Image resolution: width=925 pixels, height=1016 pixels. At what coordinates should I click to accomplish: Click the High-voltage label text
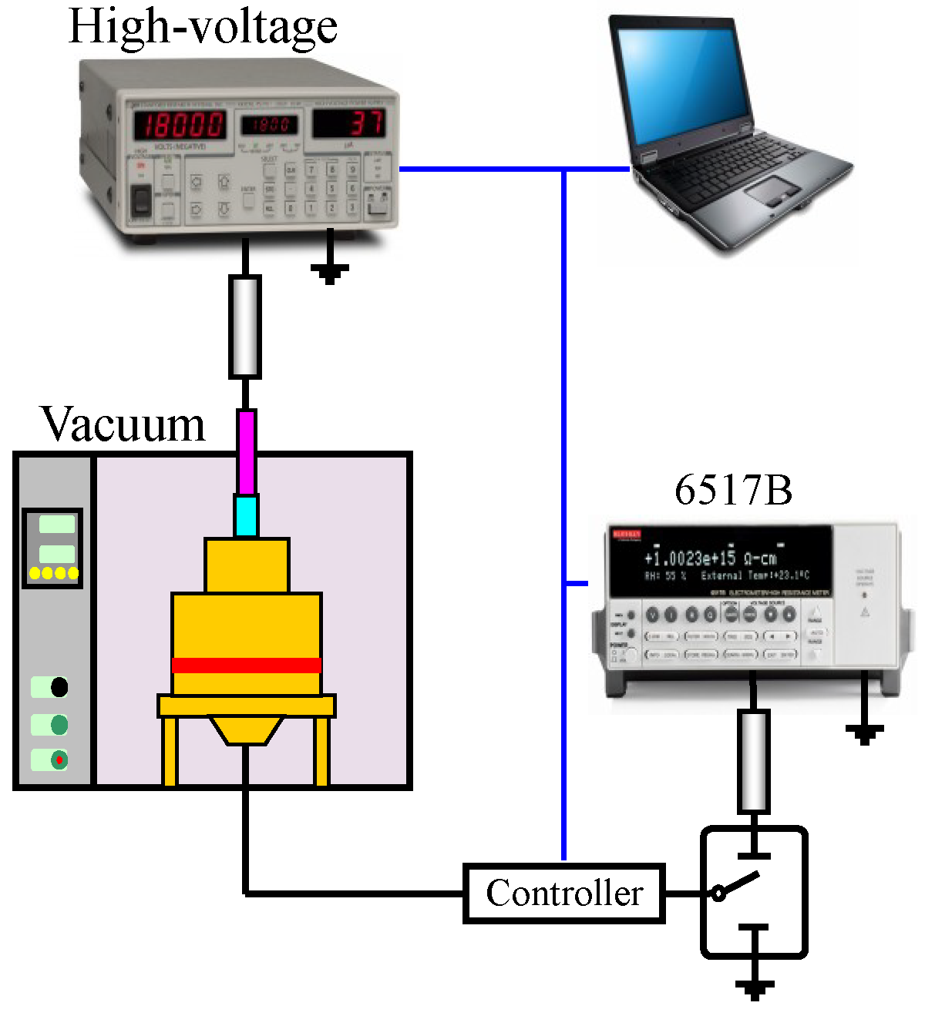(203, 27)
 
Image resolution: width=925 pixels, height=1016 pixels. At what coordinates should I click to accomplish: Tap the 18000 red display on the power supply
(180, 125)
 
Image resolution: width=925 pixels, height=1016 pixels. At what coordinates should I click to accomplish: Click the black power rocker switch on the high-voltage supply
(141, 201)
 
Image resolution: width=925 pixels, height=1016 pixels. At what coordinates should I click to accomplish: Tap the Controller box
(564, 894)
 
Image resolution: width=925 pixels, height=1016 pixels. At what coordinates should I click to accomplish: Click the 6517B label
(733, 490)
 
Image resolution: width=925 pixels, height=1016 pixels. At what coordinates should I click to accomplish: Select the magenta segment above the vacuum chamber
(247, 452)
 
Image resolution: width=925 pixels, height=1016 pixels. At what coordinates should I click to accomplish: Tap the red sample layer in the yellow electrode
(247, 666)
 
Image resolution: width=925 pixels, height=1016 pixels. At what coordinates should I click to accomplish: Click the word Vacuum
(123, 424)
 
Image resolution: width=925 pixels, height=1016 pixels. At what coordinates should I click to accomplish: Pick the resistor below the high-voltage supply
(245, 327)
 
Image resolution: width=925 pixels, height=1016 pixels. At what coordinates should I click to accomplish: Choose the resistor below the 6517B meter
(753, 761)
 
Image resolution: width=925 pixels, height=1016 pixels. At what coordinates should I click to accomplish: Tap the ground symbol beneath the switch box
(754, 987)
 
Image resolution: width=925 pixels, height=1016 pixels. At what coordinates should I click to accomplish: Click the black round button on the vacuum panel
(59, 687)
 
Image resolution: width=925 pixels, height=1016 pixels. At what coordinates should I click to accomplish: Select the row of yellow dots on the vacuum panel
(53, 573)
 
